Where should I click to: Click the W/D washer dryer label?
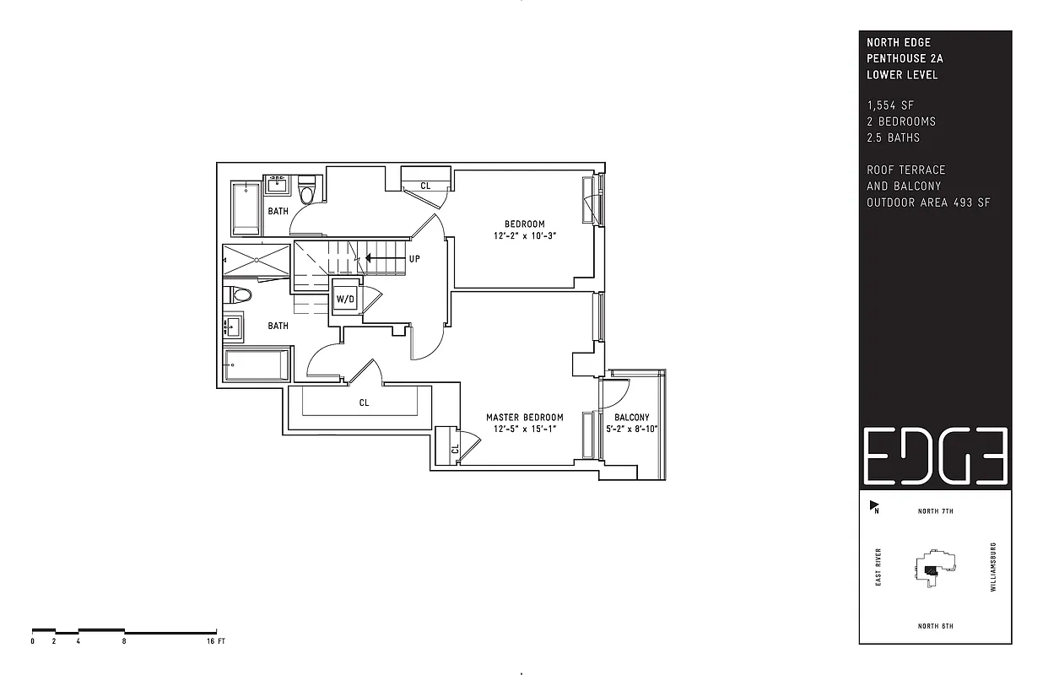(345, 299)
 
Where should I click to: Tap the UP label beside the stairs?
(414, 259)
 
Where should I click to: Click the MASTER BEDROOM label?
(524, 418)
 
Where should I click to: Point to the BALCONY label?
(632, 418)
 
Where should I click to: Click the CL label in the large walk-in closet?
(364, 403)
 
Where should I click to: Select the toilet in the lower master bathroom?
(239, 295)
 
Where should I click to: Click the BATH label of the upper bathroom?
(278, 211)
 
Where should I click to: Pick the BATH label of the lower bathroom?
(278, 326)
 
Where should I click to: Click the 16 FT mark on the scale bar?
(216, 642)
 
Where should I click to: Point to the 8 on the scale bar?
(124, 642)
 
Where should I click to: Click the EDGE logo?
(935, 456)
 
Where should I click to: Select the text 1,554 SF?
(890, 105)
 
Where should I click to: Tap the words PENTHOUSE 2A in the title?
(905, 58)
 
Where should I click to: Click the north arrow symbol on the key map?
(874, 506)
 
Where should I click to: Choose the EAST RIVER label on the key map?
(878, 567)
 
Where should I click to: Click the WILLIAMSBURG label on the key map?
(993, 567)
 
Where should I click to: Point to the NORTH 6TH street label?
(935, 626)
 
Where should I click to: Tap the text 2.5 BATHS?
(893, 138)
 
